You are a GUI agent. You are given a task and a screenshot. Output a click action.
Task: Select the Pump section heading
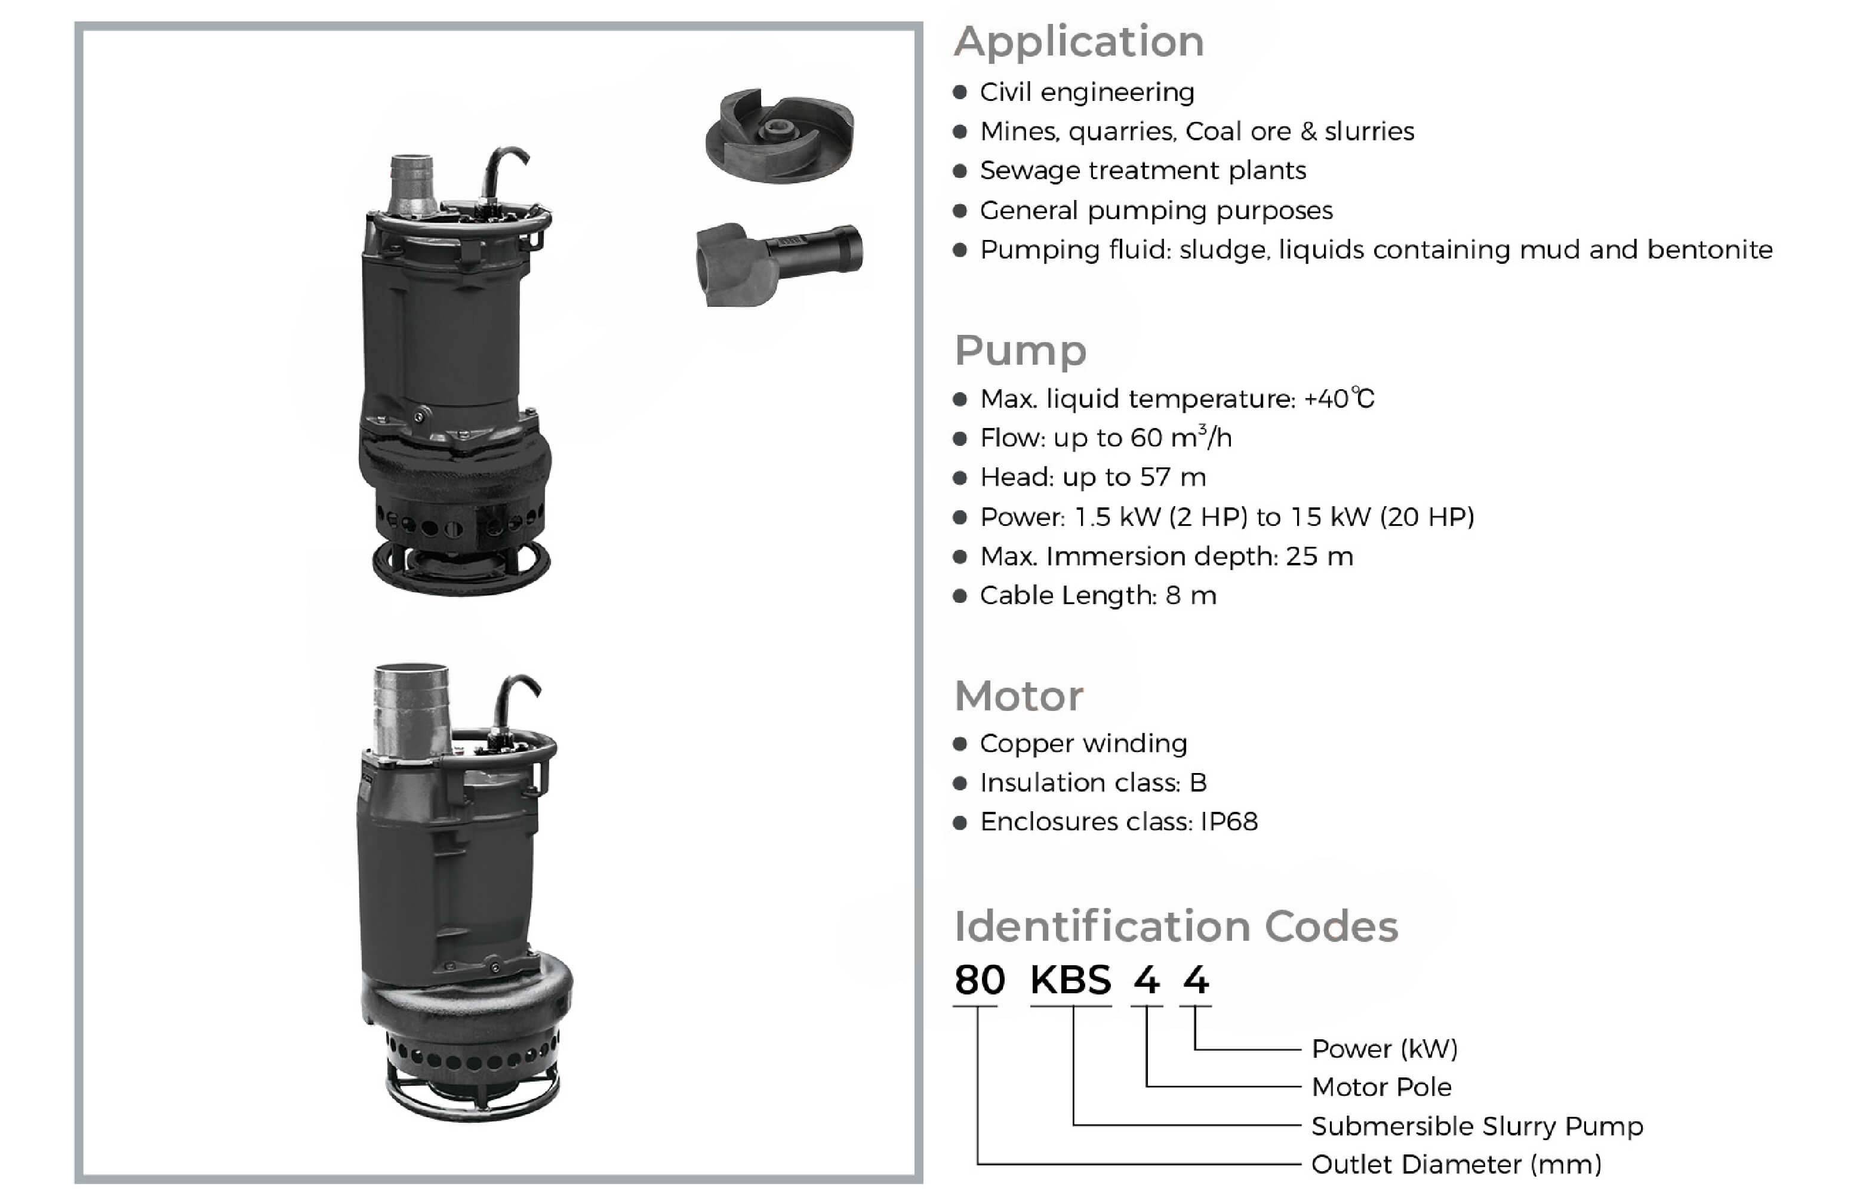point(1020,350)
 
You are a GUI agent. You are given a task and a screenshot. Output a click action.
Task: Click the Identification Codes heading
point(1175,926)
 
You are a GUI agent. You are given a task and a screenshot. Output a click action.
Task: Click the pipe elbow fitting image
point(778,263)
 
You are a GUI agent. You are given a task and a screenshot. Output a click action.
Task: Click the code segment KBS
point(1070,980)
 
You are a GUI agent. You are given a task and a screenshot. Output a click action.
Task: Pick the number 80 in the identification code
point(980,980)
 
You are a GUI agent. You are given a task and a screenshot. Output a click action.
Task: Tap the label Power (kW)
point(1384,1048)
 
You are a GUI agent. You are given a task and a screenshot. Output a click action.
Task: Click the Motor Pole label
point(1381,1087)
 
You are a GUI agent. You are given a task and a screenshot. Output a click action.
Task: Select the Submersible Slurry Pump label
point(1477,1126)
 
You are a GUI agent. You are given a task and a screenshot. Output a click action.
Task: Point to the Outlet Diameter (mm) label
point(1455,1164)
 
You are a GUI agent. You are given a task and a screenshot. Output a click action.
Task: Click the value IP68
point(1229,822)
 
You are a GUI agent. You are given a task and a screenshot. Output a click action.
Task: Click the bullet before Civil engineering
point(960,93)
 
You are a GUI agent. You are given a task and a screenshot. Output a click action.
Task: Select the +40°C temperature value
point(1338,399)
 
